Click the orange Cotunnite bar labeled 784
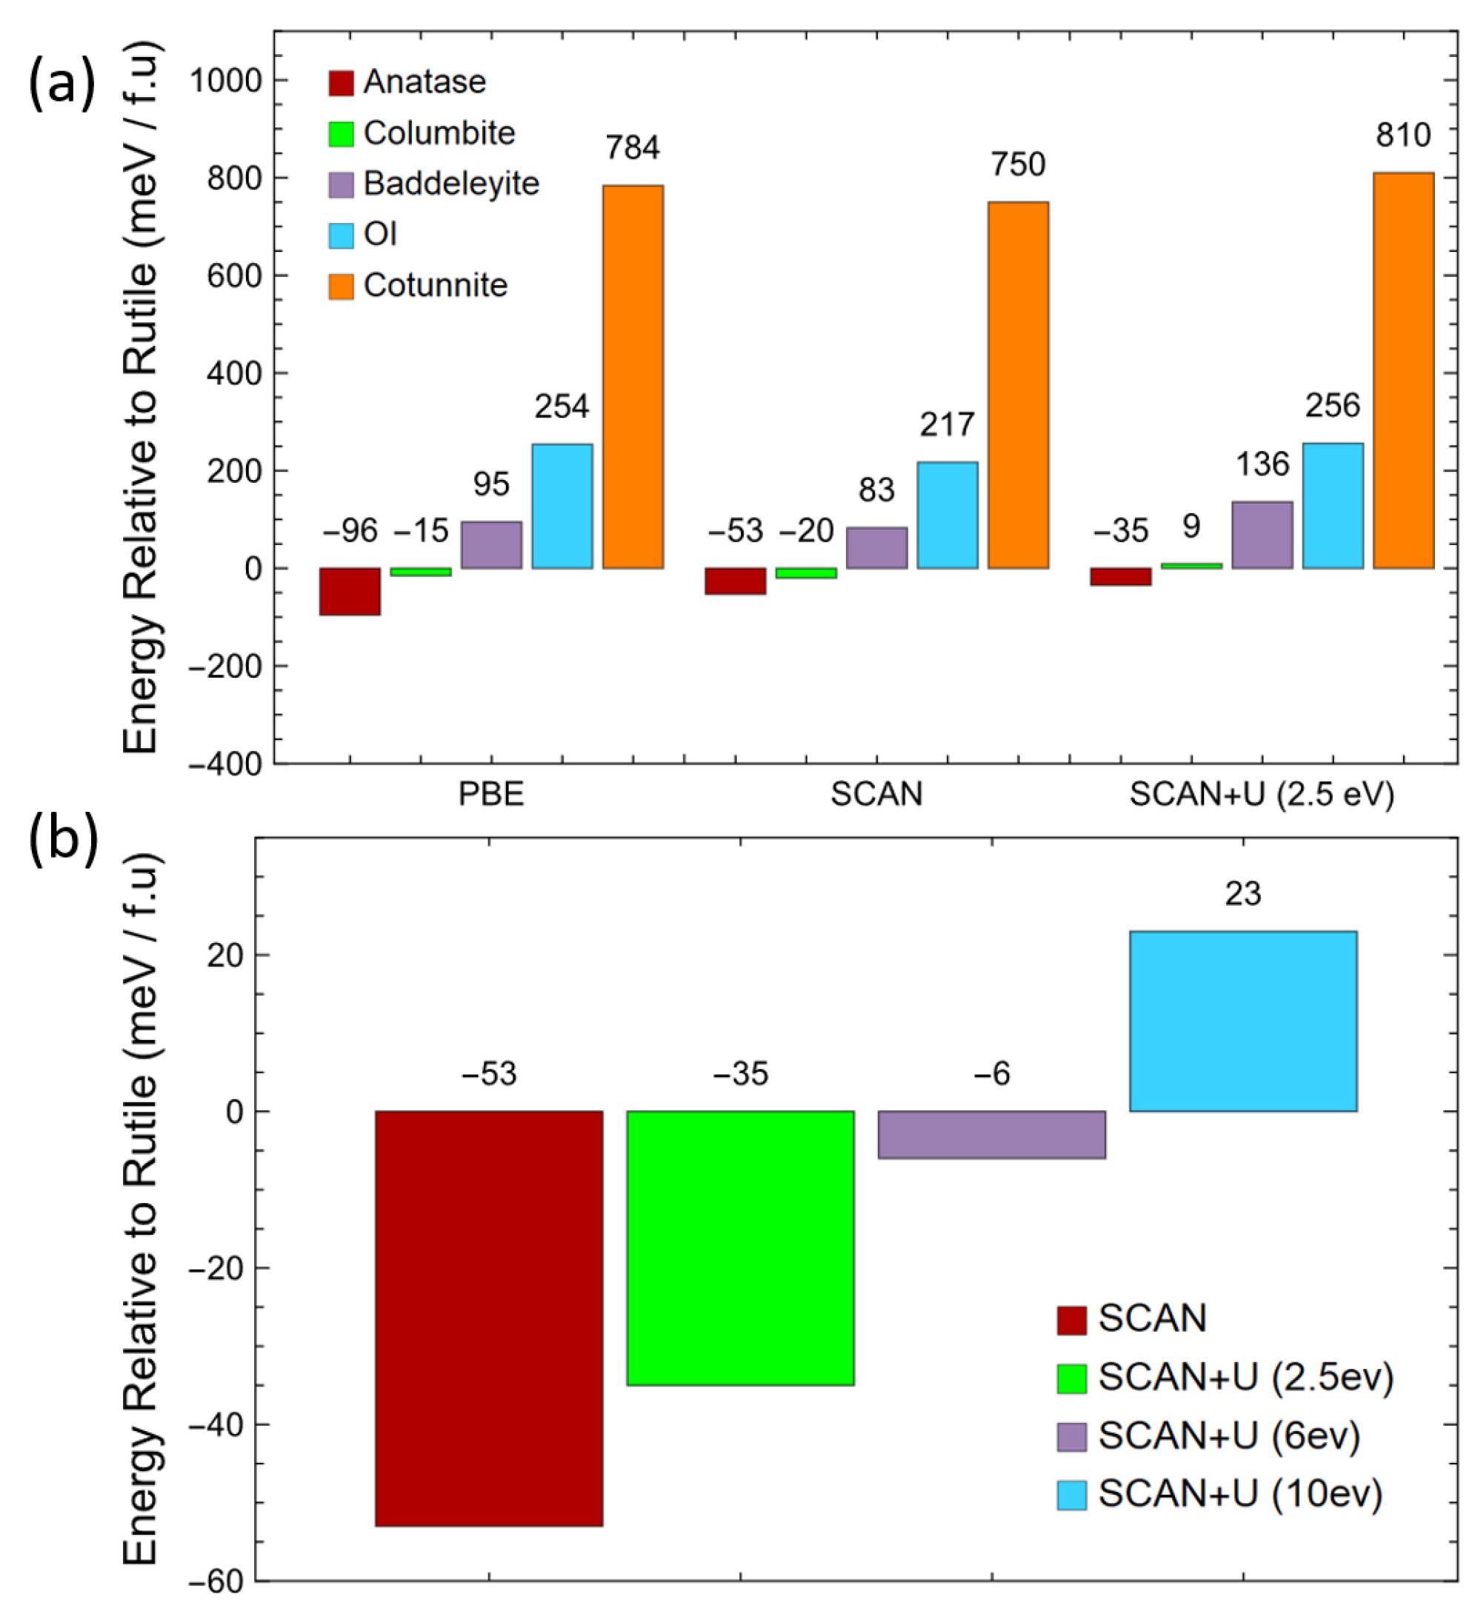633,377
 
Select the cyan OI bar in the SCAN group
948,515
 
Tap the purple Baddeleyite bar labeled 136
1262,535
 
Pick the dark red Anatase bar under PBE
350,592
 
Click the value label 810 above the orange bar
1403,135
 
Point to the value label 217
948,424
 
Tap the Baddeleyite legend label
450,184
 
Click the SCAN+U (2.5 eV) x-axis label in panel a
1262,794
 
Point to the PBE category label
491,794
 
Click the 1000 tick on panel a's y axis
225,81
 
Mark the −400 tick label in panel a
225,764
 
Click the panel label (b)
62,840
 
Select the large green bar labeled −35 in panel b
740,1247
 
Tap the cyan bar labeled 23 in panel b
1243,1021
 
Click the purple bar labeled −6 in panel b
991,1134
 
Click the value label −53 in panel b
488,1073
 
